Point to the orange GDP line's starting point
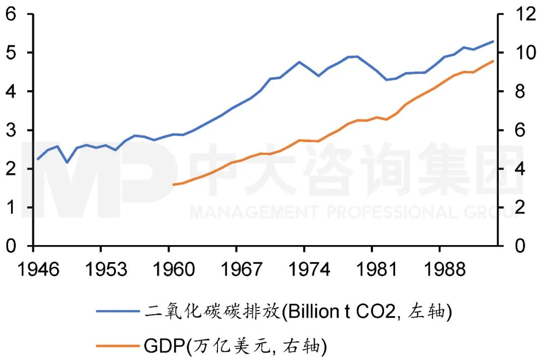click(174, 185)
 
